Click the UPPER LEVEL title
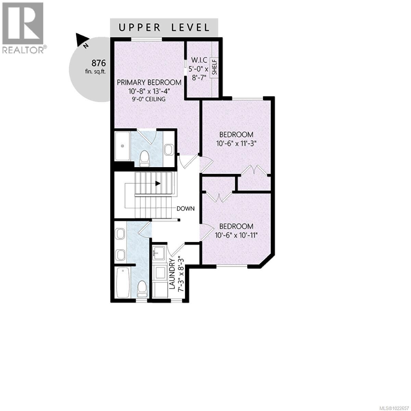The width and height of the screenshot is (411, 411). coord(164,27)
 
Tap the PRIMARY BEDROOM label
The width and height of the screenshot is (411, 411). coord(149,82)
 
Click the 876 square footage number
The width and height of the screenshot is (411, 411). coord(99,63)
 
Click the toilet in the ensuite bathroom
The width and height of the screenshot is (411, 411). coord(145,159)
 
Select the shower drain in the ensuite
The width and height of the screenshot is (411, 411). coord(122,146)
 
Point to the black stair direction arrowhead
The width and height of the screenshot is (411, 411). coord(158,183)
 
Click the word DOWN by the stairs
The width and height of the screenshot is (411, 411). coord(186,208)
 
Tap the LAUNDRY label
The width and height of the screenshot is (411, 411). coord(172,274)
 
